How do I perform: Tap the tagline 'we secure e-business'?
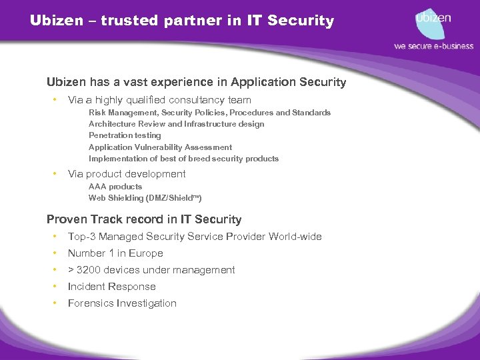433,46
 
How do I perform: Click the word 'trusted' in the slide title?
127,21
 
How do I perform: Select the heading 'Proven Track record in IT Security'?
144,219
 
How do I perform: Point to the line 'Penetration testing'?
125,135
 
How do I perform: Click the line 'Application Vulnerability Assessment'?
160,147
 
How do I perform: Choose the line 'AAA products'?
115,187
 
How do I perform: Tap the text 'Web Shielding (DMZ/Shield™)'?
145,198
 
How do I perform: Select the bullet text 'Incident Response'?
111,287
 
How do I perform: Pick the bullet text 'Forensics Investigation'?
122,303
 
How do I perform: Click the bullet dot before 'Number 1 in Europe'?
53,253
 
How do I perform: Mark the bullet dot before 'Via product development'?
53,174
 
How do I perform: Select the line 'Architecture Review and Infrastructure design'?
176,123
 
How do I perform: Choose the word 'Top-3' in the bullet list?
81,237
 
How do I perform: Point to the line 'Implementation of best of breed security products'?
183,159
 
